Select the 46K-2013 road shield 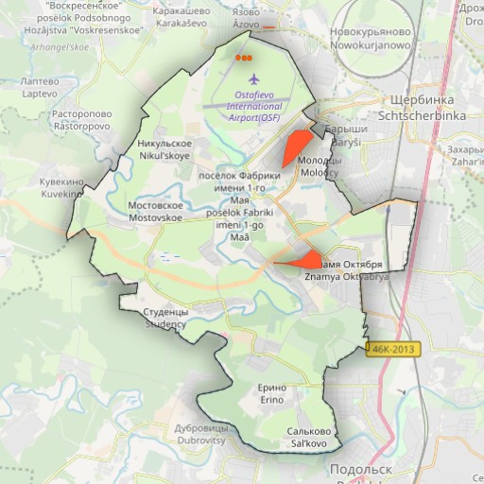point(392,349)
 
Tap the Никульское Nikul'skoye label point(164,148)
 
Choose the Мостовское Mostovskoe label point(154,211)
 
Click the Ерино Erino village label point(272,394)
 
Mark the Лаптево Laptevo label point(39,88)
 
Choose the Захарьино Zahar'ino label point(465,155)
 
